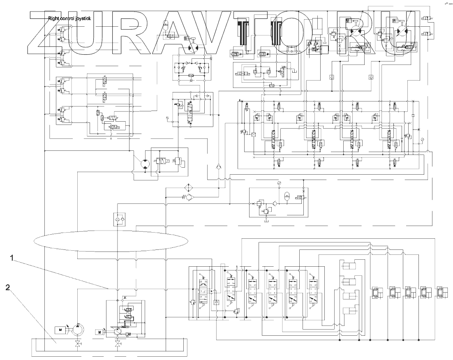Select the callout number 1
13,258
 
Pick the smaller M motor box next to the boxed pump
99,332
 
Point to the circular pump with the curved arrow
77,330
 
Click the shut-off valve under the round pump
77,344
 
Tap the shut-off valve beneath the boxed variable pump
118,344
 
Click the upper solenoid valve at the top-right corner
426,19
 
